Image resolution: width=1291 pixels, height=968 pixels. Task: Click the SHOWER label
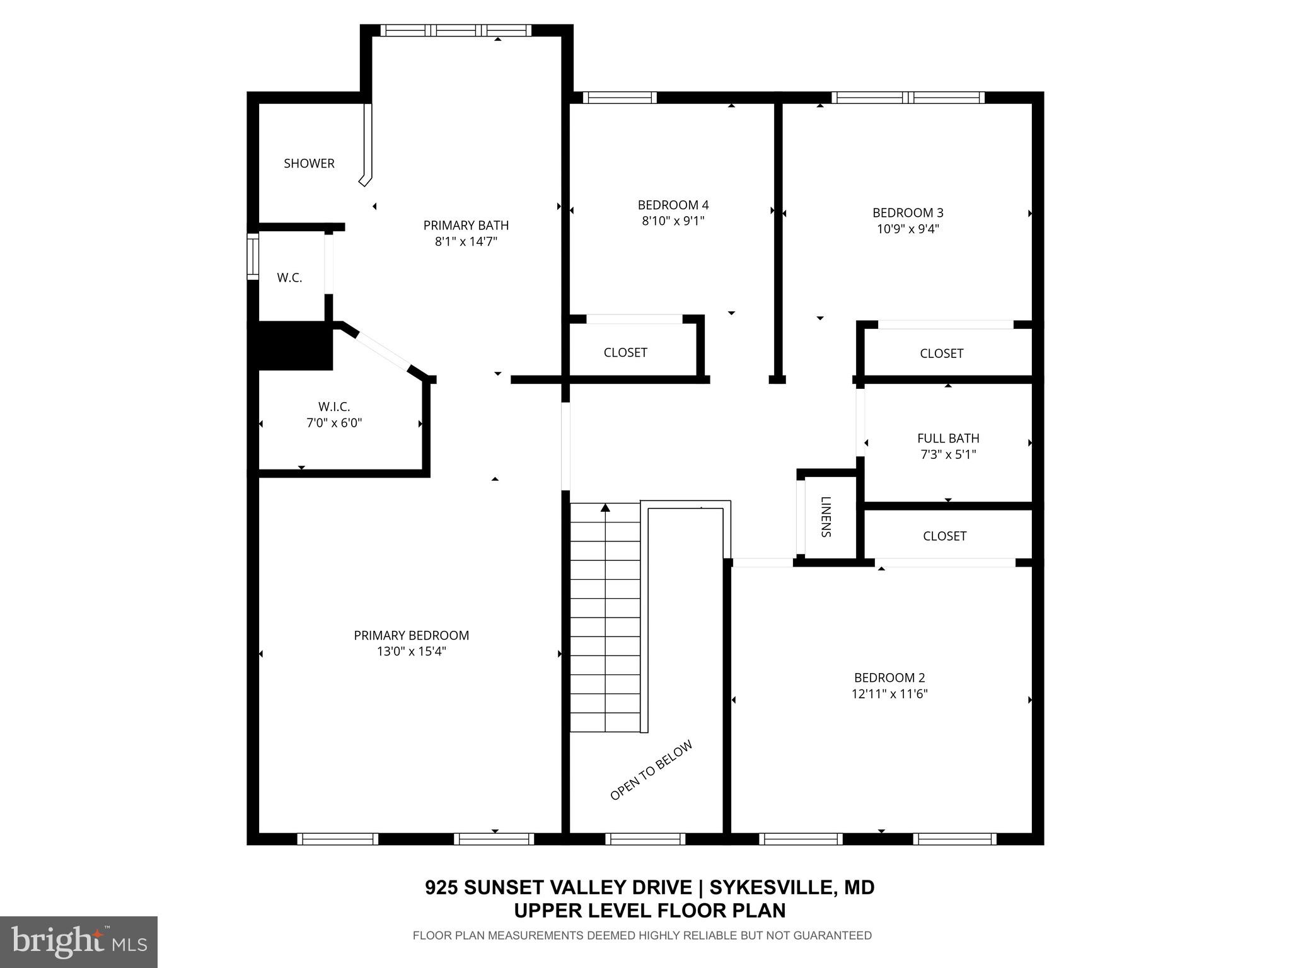[309, 163]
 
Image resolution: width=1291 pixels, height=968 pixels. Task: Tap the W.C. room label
[289, 278]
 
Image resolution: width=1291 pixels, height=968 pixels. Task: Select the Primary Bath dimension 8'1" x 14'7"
[466, 241]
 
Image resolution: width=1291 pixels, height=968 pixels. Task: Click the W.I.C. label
[334, 406]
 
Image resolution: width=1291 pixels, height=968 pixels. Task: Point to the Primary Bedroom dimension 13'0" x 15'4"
[411, 652]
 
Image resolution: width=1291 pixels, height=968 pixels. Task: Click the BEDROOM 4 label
[673, 205]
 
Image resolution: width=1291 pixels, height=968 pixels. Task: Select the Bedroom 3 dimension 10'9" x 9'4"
[908, 229]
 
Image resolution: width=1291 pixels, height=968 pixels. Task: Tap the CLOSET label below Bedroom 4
[625, 352]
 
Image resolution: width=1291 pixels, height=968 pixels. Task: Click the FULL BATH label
[948, 438]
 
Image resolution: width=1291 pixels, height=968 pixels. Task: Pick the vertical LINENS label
[826, 517]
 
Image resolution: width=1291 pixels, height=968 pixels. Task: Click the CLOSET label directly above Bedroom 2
[944, 536]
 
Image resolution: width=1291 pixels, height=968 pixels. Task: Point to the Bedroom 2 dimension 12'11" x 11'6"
[889, 694]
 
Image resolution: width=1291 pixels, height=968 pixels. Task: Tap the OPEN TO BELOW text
[651, 770]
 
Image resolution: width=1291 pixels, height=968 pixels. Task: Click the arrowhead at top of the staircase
[606, 507]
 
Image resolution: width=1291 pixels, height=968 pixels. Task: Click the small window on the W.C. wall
[253, 256]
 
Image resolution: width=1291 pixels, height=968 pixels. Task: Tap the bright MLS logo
[79, 942]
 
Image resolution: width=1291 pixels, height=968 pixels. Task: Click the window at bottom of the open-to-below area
[645, 839]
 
